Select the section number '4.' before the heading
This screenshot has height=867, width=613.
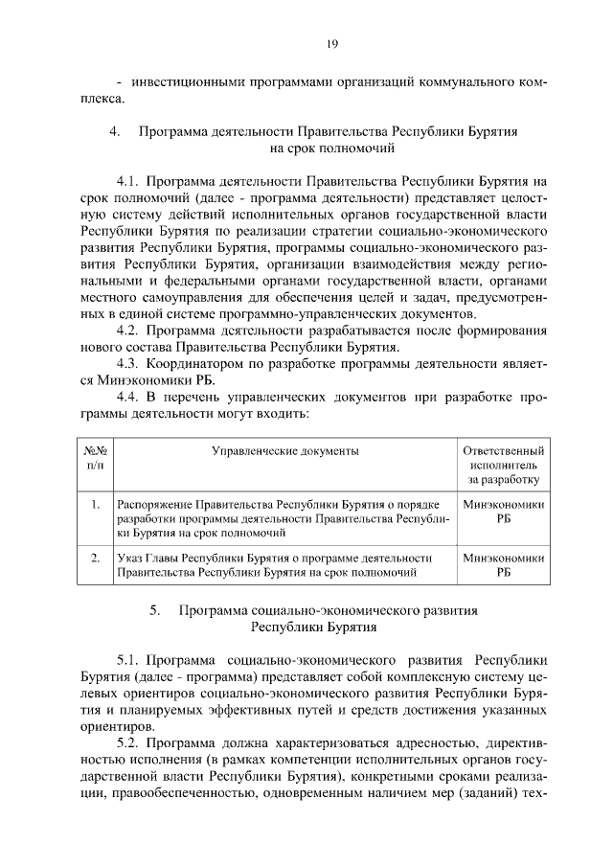pyautogui.click(x=114, y=132)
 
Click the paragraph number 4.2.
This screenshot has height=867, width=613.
pyautogui.click(x=129, y=331)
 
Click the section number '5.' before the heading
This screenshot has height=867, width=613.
pyautogui.click(x=155, y=610)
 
